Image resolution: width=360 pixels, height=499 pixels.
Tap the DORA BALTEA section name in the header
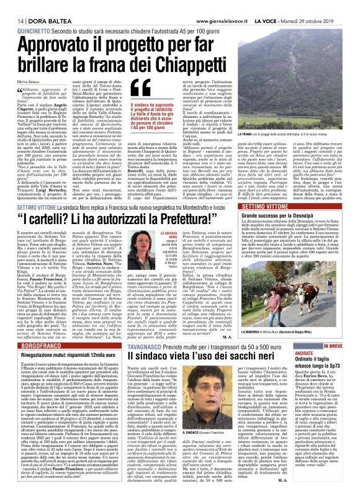(x=37, y=6)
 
